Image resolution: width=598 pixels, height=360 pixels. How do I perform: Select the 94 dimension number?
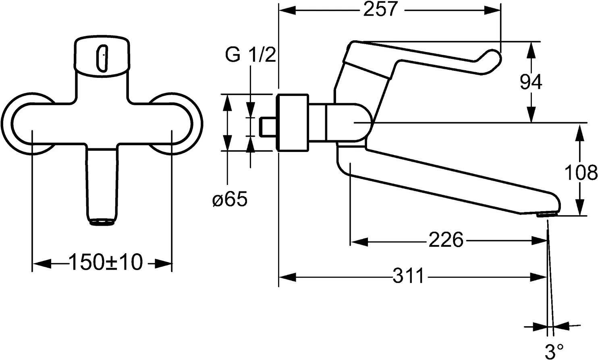pyautogui.click(x=531, y=83)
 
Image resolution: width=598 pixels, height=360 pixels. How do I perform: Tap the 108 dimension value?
pyautogui.click(x=581, y=173)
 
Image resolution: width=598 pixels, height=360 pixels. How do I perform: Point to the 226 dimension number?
pyautogui.click(x=445, y=241)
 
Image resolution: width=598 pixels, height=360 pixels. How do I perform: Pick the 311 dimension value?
pyautogui.click(x=408, y=277)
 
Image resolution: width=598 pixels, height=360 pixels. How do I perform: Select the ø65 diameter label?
pyautogui.click(x=230, y=199)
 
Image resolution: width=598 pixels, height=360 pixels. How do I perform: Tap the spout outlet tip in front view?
pyautogui.click(x=102, y=222)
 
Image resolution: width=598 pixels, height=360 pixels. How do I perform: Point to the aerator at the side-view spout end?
pyautogui.click(x=547, y=216)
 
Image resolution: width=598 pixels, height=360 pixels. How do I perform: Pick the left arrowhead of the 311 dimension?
pyautogui.click(x=287, y=277)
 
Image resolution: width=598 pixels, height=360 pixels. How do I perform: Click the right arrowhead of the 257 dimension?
pyautogui.click(x=492, y=10)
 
